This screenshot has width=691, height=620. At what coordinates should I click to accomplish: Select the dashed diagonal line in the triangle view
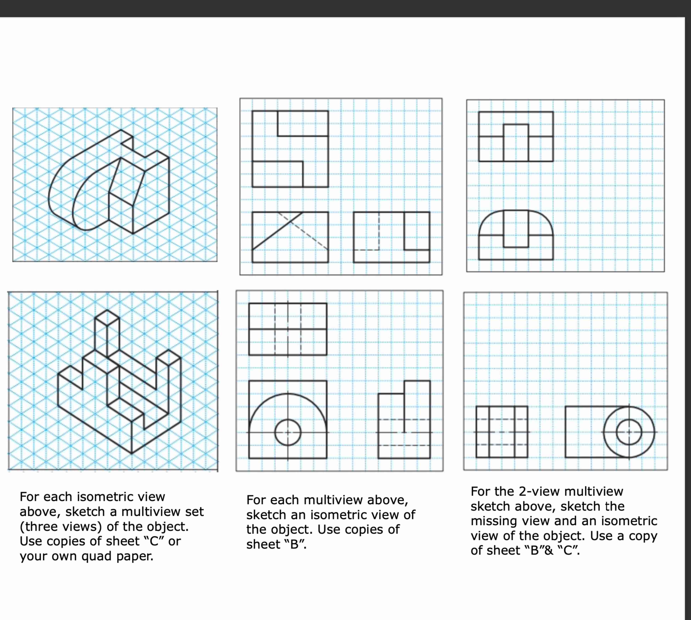tap(304, 232)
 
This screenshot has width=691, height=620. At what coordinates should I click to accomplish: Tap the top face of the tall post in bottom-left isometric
tap(107, 317)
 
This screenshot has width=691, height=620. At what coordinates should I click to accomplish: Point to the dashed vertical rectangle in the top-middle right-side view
tap(367, 232)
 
